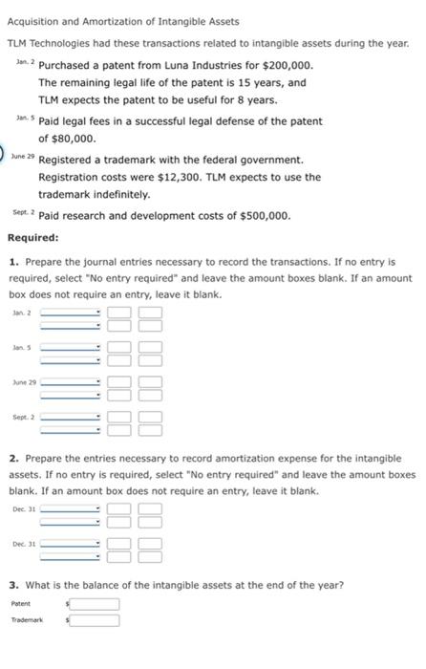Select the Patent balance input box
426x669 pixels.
96,603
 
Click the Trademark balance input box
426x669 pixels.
96,620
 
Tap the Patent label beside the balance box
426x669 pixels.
20,603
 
